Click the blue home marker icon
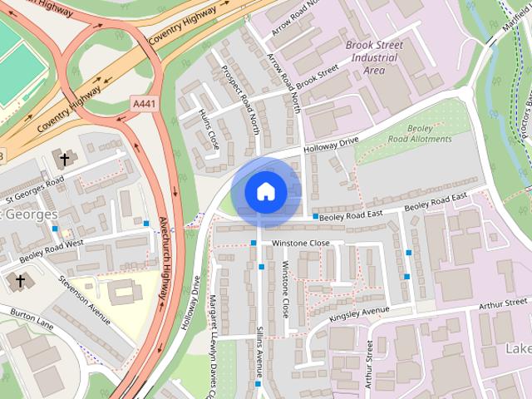pos(265,192)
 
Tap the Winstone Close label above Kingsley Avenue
pos(284,290)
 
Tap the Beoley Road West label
pos(52,250)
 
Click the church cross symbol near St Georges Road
pos(63,158)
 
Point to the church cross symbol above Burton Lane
pos(20,281)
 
